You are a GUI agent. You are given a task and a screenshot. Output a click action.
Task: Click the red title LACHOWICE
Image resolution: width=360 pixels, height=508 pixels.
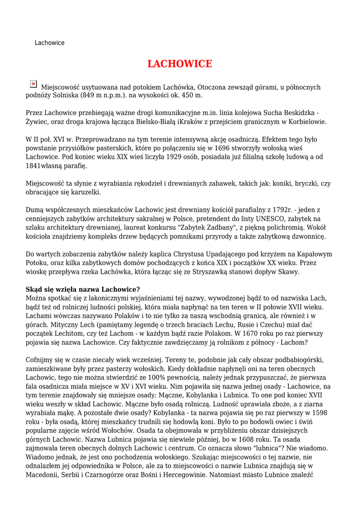(x=180, y=64)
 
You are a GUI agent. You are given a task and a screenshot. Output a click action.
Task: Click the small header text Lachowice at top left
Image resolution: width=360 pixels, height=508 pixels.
(x=50, y=43)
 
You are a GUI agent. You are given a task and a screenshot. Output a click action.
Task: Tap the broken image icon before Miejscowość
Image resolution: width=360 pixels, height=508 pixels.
(x=33, y=84)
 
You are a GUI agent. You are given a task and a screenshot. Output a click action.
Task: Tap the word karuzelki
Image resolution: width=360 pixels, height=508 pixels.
(x=84, y=192)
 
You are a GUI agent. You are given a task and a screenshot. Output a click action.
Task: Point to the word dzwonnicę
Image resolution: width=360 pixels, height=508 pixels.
(x=309, y=236)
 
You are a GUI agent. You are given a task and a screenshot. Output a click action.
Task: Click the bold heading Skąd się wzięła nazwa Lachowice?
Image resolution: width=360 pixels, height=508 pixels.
(x=83, y=289)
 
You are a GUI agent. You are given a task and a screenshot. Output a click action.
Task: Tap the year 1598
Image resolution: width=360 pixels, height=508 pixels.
(x=317, y=413)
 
